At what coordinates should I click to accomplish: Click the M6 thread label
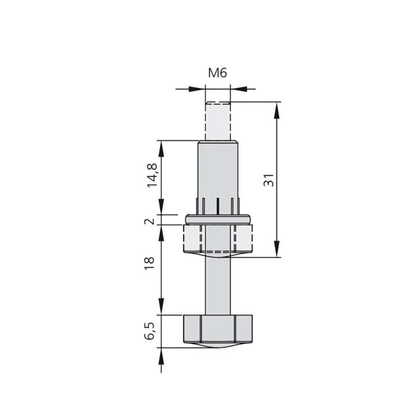click(217, 73)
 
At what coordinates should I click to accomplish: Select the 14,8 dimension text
click(152, 175)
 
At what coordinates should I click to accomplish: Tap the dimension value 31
click(268, 180)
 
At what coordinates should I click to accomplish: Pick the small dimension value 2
click(151, 221)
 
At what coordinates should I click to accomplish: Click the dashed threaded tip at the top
click(217, 120)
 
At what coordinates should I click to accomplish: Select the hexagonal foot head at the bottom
click(218, 329)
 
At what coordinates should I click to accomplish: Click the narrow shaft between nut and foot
click(218, 284)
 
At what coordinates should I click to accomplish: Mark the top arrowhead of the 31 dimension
click(278, 108)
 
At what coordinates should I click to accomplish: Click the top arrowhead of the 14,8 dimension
click(162, 146)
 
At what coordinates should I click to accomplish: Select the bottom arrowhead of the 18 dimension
click(162, 309)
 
